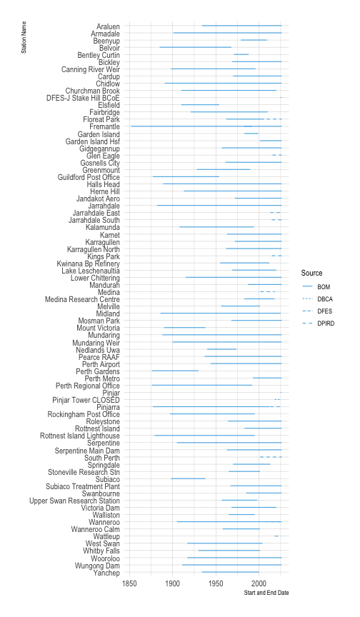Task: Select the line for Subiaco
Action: tap(188, 478)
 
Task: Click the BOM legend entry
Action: tap(324, 286)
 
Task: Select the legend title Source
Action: tap(311, 273)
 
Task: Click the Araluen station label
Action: tap(107, 26)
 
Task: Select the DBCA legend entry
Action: tap(325, 299)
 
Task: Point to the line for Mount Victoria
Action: tap(184, 328)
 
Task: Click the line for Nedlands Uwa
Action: tap(221, 349)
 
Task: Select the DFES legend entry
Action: tap(325, 311)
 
